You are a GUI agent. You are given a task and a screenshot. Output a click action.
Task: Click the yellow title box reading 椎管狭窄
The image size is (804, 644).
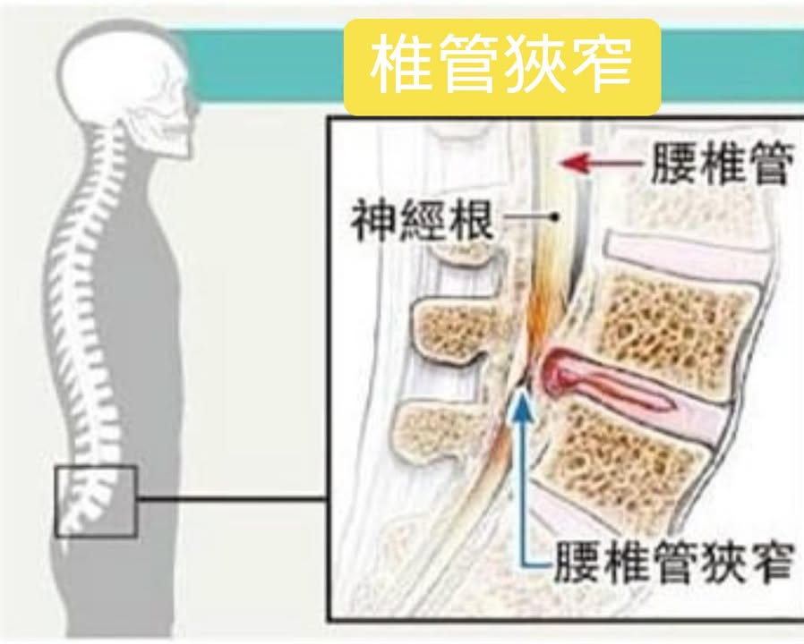[x=502, y=67]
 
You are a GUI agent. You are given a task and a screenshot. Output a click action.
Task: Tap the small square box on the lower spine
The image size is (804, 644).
[x=95, y=501]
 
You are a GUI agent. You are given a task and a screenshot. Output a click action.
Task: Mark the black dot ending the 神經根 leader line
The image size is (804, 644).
[x=557, y=216]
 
